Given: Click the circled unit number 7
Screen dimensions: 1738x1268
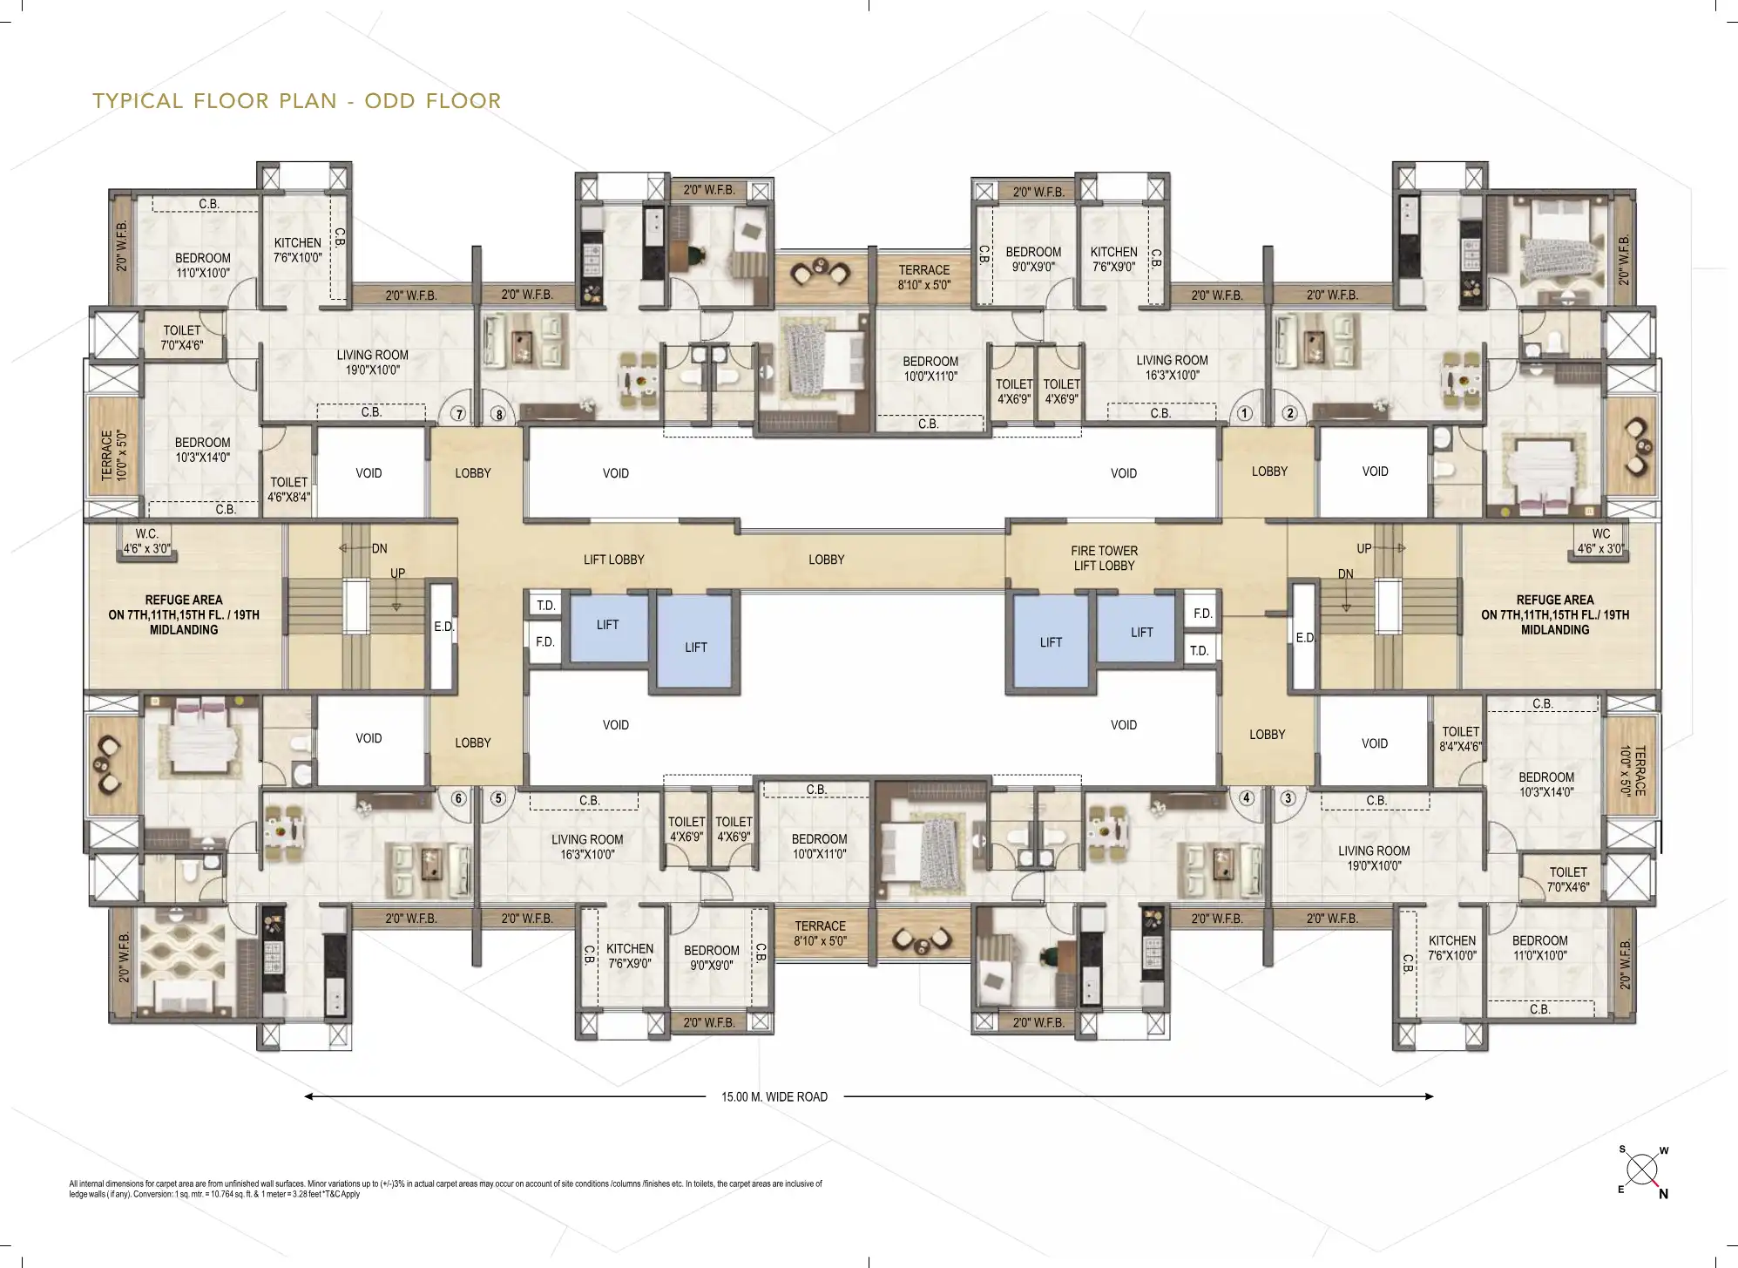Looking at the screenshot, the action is click(459, 414).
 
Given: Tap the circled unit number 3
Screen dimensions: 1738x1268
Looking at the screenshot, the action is click(1288, 797).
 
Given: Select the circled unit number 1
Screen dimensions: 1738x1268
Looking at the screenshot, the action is click(1245, 413).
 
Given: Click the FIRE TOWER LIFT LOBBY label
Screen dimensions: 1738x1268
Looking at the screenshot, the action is click(1104, 558).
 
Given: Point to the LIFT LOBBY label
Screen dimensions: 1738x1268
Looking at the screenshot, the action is click(614, 559).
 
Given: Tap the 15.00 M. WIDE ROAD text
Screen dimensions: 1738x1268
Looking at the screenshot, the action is click(774, 1097).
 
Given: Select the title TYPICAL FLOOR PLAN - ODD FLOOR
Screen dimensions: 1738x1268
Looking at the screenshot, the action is click(297, 101).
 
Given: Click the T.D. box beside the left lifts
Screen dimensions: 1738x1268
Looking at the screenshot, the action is click(545, 605).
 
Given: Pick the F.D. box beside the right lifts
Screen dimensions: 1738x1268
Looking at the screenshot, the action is click(1202, 614).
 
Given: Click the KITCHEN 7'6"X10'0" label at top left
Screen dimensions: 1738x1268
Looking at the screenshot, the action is click(298, 250).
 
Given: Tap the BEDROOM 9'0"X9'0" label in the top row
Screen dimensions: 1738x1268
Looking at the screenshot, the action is click(1033, 260).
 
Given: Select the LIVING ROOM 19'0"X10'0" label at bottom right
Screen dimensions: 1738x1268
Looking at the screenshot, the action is click(1374, 858).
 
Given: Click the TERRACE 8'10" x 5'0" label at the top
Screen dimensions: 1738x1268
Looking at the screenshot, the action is click(924, 277).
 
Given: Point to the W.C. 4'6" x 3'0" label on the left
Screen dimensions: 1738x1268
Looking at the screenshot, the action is click(146, 541).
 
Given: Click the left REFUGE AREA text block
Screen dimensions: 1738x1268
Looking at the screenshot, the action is click(184, 614).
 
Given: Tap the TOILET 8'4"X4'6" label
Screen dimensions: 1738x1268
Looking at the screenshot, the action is click(1460, 739).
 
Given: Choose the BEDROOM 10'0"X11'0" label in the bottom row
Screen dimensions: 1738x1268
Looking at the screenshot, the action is click(819, 846).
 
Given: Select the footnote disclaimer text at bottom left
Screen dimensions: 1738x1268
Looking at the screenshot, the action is click(445, 1189).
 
